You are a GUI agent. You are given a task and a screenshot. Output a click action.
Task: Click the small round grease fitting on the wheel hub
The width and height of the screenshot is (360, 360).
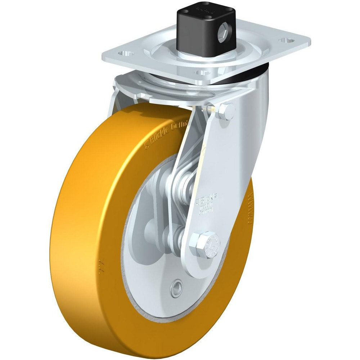(x=177, y=288)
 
